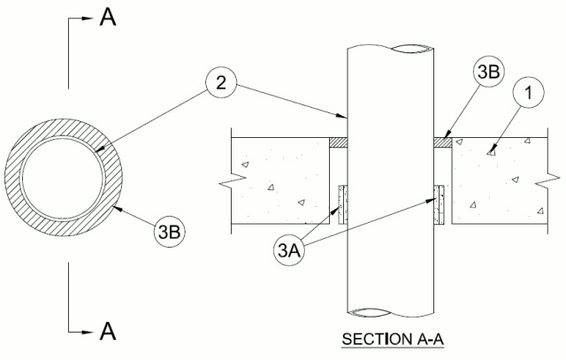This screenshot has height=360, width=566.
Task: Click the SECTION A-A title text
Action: tap(394, 341)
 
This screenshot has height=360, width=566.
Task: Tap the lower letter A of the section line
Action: tap(108, 331)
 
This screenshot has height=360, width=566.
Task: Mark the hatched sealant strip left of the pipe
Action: tap(338, 141)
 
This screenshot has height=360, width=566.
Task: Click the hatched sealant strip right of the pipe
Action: tap(443, 141)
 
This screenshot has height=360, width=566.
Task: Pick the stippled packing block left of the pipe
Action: tap(342, 204)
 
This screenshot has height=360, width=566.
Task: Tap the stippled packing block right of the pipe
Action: tap(439, 204)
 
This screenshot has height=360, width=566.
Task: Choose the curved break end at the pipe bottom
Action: tap(391, 311)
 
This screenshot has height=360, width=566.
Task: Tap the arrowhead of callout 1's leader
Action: tap(488, 153)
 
